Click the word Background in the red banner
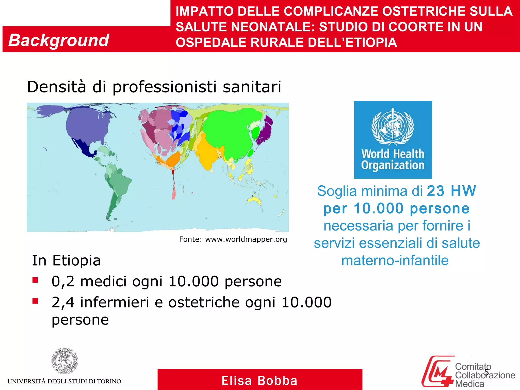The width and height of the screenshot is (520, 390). [59, 40]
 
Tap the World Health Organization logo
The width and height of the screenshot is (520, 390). [393, 139]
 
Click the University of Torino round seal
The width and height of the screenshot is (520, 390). [65, 361]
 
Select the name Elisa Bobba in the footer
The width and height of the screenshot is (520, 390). [259, 381]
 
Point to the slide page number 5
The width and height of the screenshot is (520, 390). [486, 372]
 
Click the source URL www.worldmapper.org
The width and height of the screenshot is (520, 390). [246, 239]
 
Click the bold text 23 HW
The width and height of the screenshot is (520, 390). [451, 191]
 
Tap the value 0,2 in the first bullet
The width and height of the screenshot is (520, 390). [63, 281]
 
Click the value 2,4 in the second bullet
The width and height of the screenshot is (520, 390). [63, 302]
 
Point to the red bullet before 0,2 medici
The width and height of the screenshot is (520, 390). [35, 280]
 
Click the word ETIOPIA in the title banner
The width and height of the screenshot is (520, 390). [371, 42]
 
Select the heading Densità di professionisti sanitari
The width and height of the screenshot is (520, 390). [154, 87]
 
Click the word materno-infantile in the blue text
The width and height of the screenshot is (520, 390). [395, 261]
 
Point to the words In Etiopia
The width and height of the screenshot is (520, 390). [66, 261]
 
